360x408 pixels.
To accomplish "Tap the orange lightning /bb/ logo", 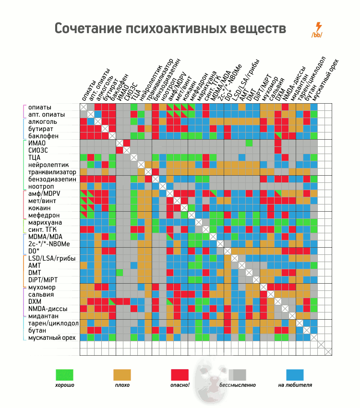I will tap(317, 30).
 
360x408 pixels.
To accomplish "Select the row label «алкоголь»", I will tap(43, 121).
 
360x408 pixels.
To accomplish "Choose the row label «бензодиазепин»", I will tap(52, 179).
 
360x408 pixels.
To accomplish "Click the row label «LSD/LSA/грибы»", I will tap(53, 258).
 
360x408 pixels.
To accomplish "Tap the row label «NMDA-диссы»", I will tap(48, 309).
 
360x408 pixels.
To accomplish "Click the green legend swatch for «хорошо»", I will tap(64, 374).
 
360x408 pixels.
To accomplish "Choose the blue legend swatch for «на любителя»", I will tap(295, 374).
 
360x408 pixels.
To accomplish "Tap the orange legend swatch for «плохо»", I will tap(122, 374).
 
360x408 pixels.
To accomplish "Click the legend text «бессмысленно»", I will tap(237, 385).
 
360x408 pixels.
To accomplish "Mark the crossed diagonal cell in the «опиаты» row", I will tap(83, 107).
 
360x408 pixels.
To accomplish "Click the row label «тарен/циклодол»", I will tap(53, 323).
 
